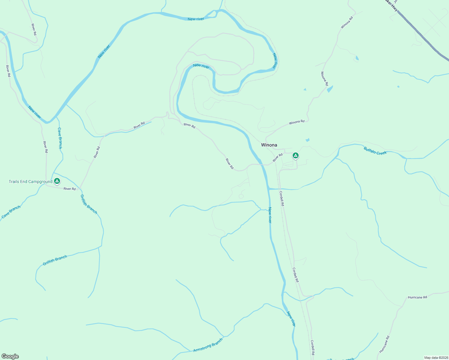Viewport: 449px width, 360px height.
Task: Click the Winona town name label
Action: pos(269,145)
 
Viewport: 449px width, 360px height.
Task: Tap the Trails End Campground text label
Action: pos(30,181)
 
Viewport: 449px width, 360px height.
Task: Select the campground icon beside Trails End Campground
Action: pos(57,181)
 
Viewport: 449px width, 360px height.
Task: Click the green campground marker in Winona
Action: pos(296,155)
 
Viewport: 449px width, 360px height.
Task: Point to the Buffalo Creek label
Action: pos(375,151)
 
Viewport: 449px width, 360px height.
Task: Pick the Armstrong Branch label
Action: pos(208,345)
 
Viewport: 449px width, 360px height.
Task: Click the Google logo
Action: pos(10,356)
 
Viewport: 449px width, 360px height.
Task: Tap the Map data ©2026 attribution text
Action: pos(436,358)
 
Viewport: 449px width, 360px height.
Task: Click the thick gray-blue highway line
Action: pos(426,39)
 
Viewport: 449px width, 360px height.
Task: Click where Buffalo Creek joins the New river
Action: pos(270,189)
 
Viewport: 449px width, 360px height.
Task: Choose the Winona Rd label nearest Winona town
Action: pos(297,122)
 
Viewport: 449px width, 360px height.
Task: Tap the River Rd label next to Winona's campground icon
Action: pos(278,157)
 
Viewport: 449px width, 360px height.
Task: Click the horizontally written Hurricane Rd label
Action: pos(417,297)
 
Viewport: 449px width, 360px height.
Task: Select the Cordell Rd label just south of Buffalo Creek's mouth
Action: pos(282,198)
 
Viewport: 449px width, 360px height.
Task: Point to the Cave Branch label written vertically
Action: pos(60,138)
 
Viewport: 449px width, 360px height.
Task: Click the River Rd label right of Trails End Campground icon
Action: pos(70,189)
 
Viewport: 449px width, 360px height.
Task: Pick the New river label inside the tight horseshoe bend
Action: pos(201,66)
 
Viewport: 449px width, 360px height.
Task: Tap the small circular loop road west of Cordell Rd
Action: pos(241,196)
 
